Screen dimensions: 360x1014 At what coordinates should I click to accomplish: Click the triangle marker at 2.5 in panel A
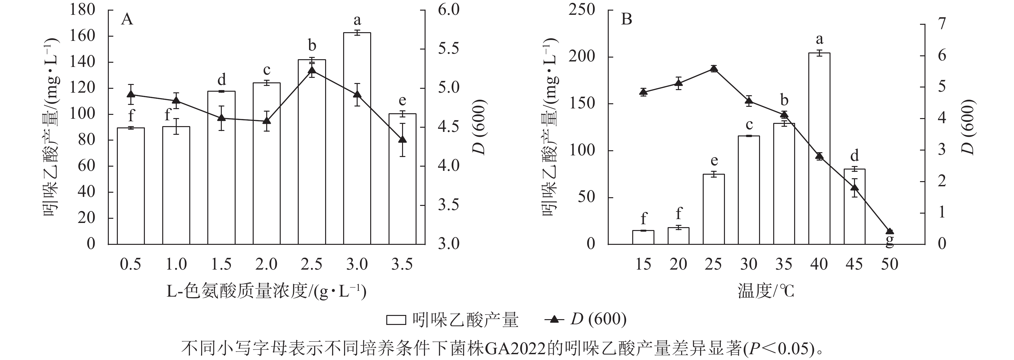coord(312,71)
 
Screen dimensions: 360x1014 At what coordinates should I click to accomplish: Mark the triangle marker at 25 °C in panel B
coord(714,69)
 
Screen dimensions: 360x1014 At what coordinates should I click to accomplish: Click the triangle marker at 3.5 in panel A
coord(402,139)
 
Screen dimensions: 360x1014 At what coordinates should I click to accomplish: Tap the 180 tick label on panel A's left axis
coord(83,10)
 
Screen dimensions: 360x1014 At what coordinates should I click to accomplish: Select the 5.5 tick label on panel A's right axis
coord(449,49)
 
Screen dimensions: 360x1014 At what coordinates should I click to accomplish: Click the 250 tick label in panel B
coord(582,10)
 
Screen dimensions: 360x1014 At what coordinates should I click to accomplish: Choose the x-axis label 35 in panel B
coord(784,264)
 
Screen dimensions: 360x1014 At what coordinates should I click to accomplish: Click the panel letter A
coord(127,19)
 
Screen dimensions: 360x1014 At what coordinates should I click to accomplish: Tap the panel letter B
coord(626,19)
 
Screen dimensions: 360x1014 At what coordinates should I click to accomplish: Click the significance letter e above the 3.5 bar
coord(402,101)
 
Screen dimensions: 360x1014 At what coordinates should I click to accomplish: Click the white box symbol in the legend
coord(396,319)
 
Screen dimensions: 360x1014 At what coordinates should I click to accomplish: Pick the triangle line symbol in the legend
coord(554,319)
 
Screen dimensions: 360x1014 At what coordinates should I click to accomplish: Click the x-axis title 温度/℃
coord(765,291)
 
